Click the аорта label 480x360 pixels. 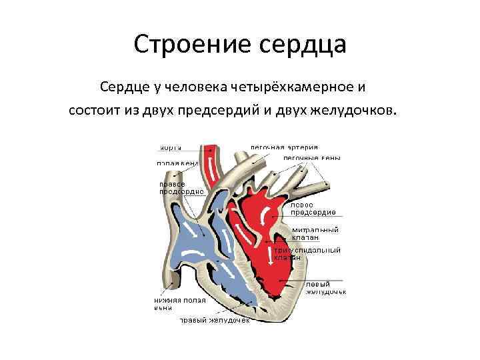pyautogui.click(x=170, y=147)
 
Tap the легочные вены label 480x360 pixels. pyautogui.click(x=311, y=158)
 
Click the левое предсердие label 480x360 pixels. pyautogui.click(x=313, y=209)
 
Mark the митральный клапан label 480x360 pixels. pyautogui.click(x=315, y=233)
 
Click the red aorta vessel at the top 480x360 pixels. pyautogui.click(x=211, y=160)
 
